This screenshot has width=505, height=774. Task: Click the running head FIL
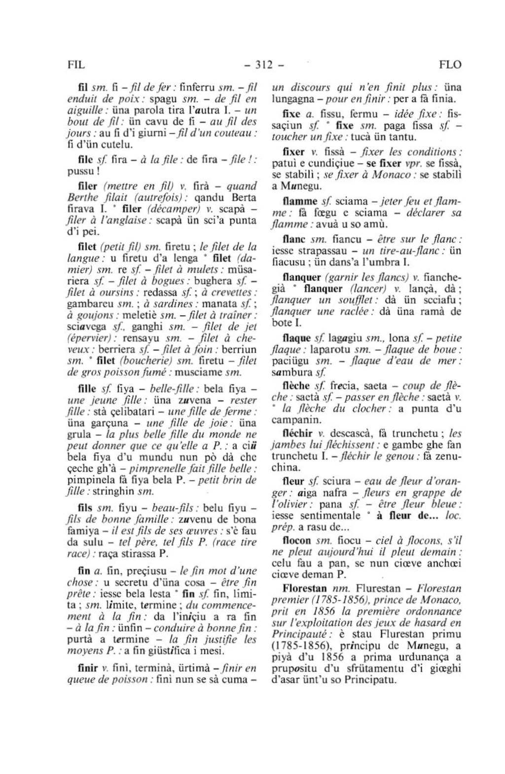pos(75,65)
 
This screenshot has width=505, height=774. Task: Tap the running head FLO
pos(450,65)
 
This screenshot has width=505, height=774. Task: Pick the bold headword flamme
pos(300,201)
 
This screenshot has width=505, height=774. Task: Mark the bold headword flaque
pos(296,338)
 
